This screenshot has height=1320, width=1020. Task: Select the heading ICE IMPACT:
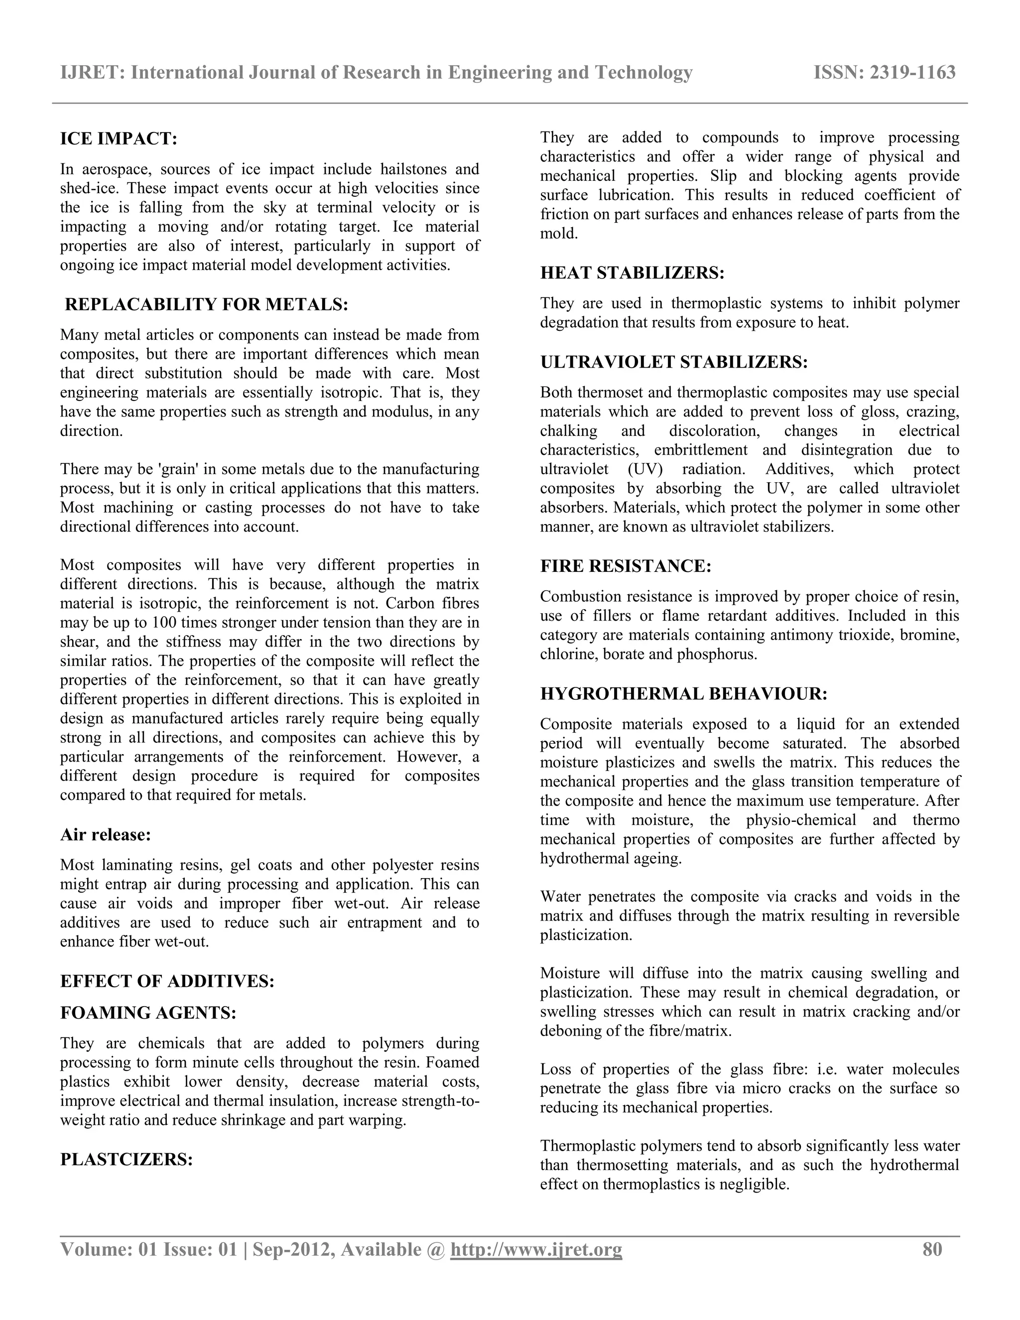click(x=119, y=139)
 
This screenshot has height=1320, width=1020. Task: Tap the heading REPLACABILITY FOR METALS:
click(x=206, y=305)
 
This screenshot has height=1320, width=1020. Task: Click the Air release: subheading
click(x=105, y=835)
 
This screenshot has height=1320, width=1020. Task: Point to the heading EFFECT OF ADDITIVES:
click(x=167, y=982)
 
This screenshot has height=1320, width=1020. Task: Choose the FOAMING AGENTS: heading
click(x=148, y=1013)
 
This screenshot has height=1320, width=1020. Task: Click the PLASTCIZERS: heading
click(x=127, y=1160)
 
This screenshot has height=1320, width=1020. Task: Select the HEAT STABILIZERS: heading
click(x=632, y=273)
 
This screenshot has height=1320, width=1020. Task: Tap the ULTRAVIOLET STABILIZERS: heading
click(x=674, y=363)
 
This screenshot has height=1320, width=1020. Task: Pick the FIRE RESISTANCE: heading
click(x=626, y=566)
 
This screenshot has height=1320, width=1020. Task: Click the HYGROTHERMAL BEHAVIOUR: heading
click(x=683, y=694)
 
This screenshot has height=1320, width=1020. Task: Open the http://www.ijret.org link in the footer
click(x=536, y=1250)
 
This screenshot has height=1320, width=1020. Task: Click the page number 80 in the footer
click(x=932, y=1249)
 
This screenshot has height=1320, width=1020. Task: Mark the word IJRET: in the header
click(x=93, y=73)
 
